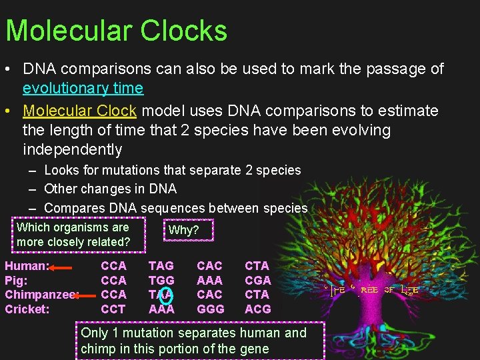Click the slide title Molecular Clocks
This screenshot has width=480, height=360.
coord(116,31)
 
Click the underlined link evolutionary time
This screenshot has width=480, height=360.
coord(83,88)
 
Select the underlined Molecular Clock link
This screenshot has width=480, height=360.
coord(79,111)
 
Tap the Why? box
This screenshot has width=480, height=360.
coord(183,230)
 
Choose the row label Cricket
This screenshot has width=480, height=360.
coord(27,309)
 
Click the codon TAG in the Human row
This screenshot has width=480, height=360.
coord(161,266)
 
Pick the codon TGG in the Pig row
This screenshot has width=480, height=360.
coord(161,281)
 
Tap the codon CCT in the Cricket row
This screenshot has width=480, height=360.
coord(113,309)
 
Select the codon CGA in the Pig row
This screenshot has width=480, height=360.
coord(258,281)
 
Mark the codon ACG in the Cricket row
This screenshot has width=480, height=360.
coord(258,309)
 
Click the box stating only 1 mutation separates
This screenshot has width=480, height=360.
coord(199,341)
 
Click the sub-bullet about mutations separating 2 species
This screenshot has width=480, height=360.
coord(172,171)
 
